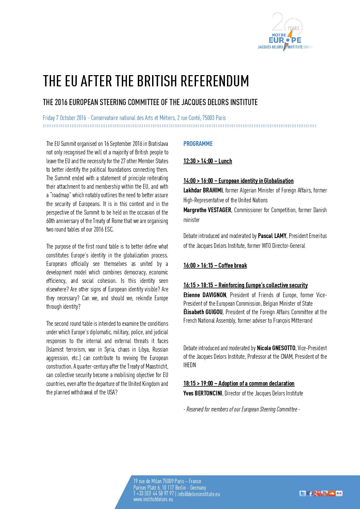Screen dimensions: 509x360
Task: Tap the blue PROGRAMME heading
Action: coord(198,144)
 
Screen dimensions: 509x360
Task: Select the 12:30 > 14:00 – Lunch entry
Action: coord(208,161)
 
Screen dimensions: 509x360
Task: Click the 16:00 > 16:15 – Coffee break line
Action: coord(215,266)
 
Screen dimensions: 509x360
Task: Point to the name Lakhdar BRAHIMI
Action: coord(203,190)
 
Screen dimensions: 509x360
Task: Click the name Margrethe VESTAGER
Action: coord(207,210)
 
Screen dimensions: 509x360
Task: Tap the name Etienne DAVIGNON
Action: coord(204,295)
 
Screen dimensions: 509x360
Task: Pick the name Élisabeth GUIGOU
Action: coord(203,312)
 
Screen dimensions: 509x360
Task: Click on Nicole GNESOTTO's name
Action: coord(276,348)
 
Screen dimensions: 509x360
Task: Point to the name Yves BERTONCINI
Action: coord(202,393)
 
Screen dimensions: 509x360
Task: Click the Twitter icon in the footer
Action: coord(302,493)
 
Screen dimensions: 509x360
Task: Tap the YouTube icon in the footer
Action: coord(324,493)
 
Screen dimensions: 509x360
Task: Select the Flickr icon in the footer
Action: coord(339,493)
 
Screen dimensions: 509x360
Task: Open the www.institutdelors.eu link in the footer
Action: coord(153,499)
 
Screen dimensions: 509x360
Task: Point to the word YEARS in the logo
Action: coord(293,29)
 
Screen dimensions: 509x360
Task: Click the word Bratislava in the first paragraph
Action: coord(158,144)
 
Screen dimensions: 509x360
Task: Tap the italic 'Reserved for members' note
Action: coord(242,409)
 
